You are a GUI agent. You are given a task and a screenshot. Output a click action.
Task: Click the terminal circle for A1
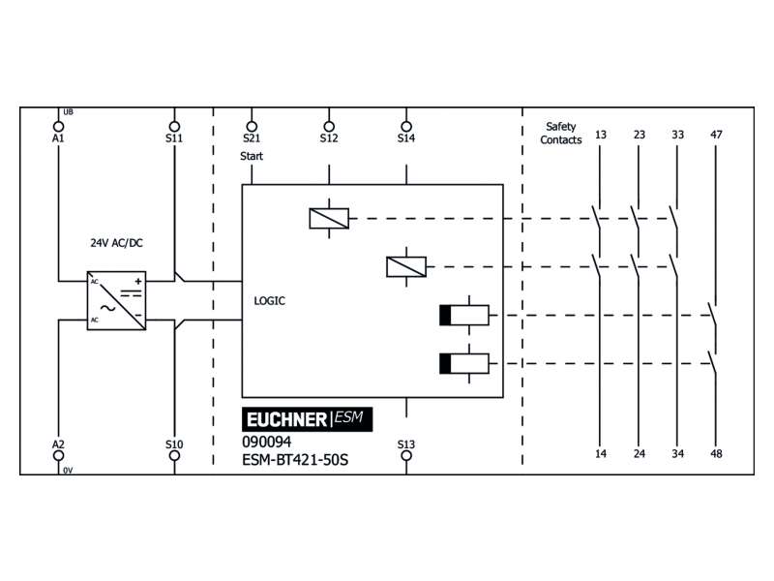click(58, 127)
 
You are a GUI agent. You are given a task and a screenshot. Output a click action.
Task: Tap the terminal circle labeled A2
click(58, 455)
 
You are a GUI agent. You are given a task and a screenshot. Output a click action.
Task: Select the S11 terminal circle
click(174, 127)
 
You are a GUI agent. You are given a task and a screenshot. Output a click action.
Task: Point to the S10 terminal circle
click(174, 455)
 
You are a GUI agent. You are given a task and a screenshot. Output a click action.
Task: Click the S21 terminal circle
click(252, 127)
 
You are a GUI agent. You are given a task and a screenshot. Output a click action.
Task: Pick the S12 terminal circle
click(329, 127)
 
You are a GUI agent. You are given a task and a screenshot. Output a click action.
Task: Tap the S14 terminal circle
click(406, 127)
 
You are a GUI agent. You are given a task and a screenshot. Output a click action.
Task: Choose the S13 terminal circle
click(406, 455)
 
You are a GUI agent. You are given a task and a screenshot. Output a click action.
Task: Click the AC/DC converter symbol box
click(116, 301)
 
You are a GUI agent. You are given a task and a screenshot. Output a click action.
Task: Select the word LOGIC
click(270, 301)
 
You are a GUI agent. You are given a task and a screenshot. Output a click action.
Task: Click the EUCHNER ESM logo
click(307, 419)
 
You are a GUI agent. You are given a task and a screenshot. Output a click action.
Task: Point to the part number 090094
click(267, 442)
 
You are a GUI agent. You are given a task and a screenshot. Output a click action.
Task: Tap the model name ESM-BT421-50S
click(295, 460)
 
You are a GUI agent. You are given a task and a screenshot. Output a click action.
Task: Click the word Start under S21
click(252, 156)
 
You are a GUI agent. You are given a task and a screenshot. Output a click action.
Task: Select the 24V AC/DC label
click(116, 243)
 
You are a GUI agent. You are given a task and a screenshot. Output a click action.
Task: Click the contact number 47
click(716, 135)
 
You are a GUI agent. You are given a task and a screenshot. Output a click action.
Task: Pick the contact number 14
click(600, 453)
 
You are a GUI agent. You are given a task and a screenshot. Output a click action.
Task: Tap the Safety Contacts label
click(561, 134)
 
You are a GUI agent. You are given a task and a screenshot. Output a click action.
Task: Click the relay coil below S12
click(329, 219)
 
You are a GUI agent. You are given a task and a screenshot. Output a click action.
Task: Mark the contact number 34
click(678, 453)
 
